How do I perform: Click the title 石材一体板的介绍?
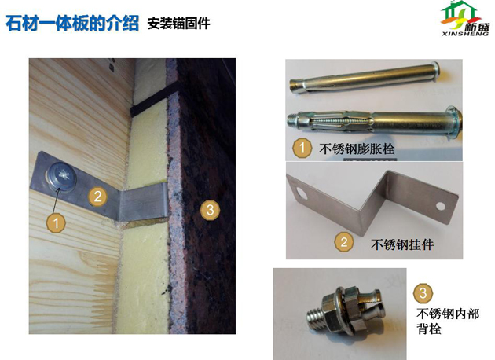73,23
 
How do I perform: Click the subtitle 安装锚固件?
178,24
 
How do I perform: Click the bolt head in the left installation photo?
60,174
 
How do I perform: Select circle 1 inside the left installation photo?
55,222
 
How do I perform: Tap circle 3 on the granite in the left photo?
208,210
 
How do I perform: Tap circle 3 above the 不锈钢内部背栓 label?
423,294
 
